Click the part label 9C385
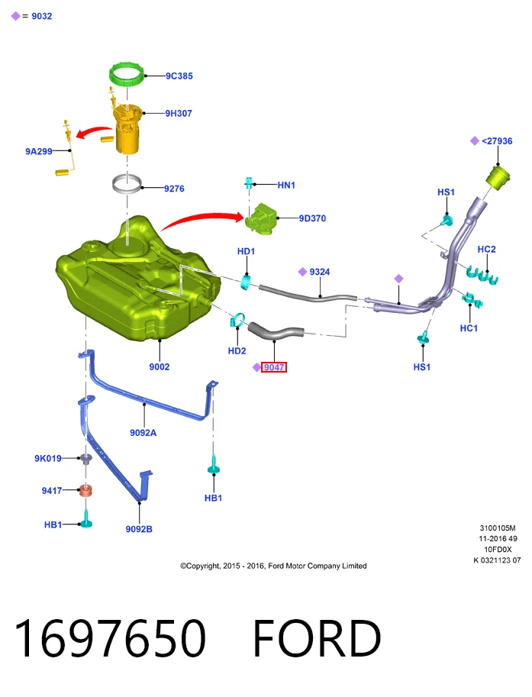tap(179, 76)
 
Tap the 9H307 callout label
tap(179, 113)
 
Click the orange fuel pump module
tap(127, 130)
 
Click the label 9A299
tap(39, 152)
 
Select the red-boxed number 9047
tap(274, 367)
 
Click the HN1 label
tap(286, 185)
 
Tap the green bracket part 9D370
tap(261, 218)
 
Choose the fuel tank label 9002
tap(159, 366)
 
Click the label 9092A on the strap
tap(143, 433)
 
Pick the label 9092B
tap(139, 529)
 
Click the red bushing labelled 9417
tap(85, 491)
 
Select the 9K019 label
tap(48, 458)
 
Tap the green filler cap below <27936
tap(497, 177)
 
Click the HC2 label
tap(487, 250)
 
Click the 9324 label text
tap(320, 272)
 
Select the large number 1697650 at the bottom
tap(110, 637)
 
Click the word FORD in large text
tap(317, 637)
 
